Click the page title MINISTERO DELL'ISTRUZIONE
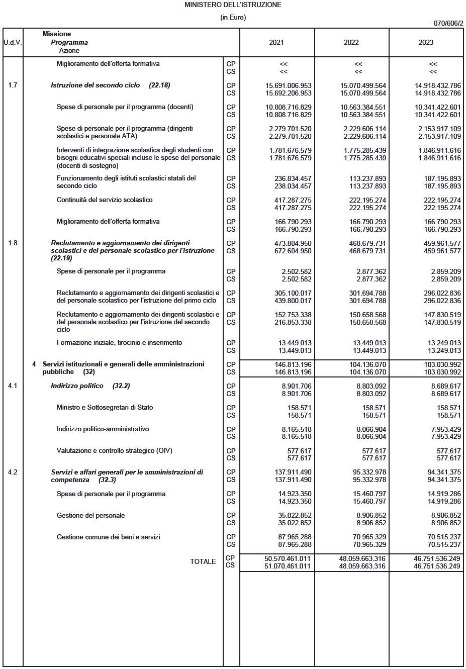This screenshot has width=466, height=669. click(x=233, y=5)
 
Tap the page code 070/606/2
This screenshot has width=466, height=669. click(x=448, y=23)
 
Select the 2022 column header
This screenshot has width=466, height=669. click(x=351, y=42)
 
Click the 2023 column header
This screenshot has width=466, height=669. click(x=426, y=42)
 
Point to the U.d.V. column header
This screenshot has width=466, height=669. click(x=13, y=42)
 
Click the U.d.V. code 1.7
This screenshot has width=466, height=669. click(x=13, y=85)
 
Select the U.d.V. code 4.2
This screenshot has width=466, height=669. click(x=13, y=472)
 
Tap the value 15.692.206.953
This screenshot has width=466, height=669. click(x=289, y=93)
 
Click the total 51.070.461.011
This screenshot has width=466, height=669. click(x=288, y=566)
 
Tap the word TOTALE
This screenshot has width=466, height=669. click(x=203, y=562)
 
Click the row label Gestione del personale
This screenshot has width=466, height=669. click(x=90, y=516)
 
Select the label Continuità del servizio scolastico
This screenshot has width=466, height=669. click(x=105, y=200)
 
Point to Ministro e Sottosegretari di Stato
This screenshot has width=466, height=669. click(x=105, y=408)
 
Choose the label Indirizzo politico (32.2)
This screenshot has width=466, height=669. click(x=90, y=386)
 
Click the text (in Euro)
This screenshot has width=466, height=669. click(x=233, y=18)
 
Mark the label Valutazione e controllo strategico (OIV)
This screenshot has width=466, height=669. click(x=114, y=451)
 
